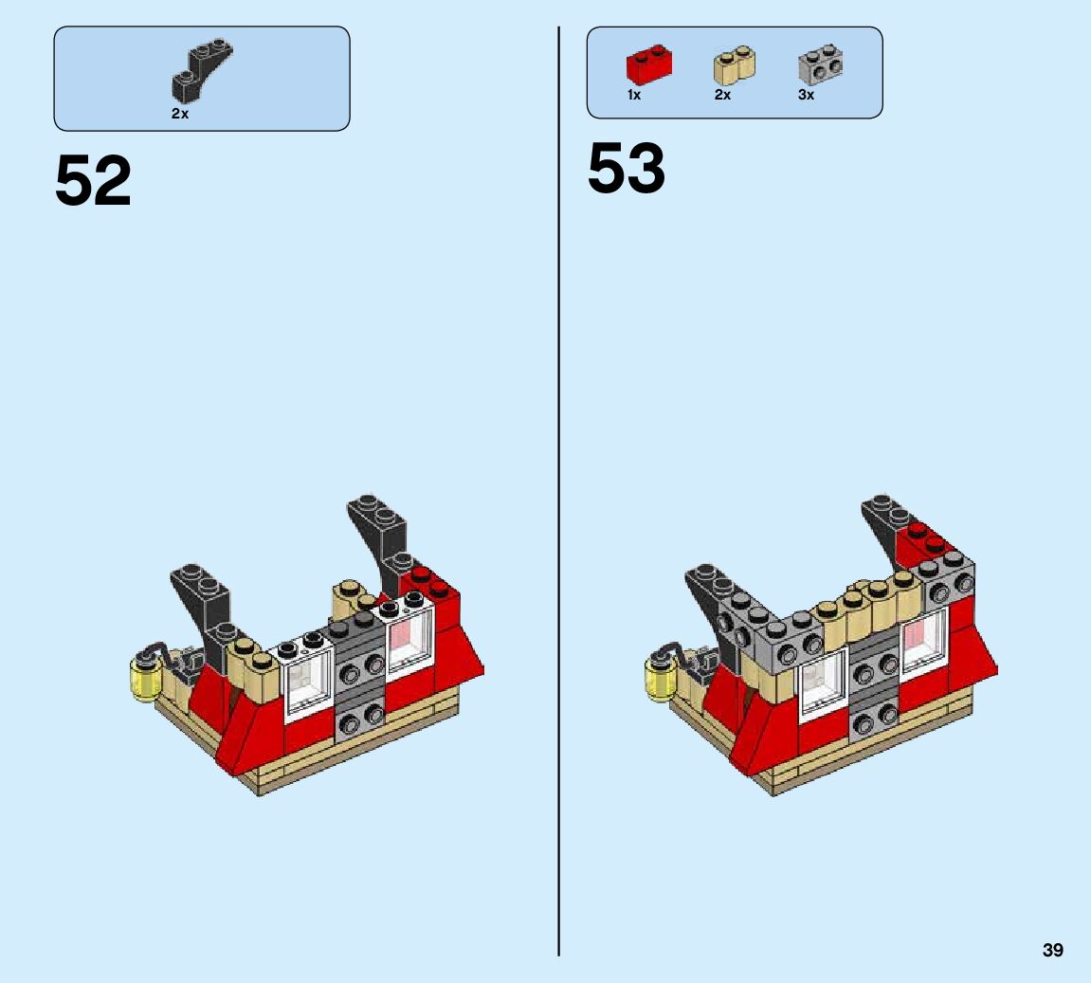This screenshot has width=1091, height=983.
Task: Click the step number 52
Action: (93, 181)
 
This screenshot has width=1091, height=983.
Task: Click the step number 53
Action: (627, 169)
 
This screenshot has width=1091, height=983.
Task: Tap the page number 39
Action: (1053, 951)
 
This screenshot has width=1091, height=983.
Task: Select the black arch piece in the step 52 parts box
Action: (202, 69)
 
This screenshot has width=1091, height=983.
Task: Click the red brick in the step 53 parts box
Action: (649, 64)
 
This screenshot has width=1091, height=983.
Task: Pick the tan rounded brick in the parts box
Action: (735, 65)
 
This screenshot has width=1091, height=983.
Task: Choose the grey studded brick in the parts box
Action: (820, 64)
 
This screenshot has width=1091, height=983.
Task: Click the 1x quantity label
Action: (634, 96)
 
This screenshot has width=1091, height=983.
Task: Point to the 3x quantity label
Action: (806, 96)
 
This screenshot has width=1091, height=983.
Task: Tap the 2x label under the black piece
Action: (180, 114)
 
